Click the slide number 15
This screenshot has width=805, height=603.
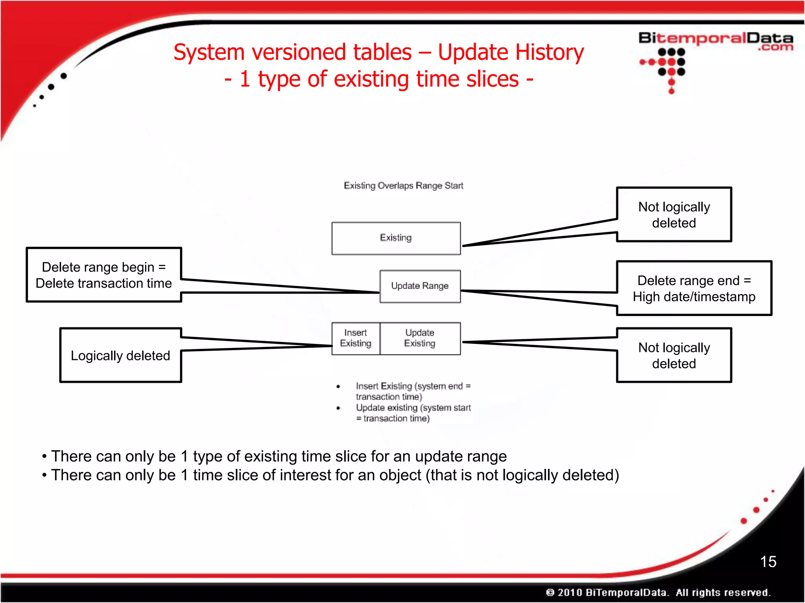(x=768, y=562)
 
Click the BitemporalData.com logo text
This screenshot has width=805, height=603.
(x=715, y=40)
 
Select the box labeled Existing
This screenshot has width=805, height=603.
(x=396, y=238)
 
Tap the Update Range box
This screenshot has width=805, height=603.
(x=420, y=286)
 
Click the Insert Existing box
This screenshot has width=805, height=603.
(x=356, y=338)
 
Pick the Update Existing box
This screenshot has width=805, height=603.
(x=420, y=338)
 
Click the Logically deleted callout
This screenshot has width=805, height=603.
(x=120, y=356)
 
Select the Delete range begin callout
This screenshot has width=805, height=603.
(x=104, y=275)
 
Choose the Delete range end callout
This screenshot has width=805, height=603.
(x=694, y=289)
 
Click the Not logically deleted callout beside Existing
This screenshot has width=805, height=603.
(x=674, y=215)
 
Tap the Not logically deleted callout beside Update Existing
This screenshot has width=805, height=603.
(x=674, y=355)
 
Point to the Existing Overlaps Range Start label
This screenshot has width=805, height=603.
(x=403, y=186)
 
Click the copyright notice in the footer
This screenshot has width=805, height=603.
(x=658, y=592)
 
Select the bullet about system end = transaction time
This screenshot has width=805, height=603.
(x=413, y=391)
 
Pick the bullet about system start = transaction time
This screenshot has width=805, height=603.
(x=413, y=413)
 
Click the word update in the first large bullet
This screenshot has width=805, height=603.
(x=439, y=457)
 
